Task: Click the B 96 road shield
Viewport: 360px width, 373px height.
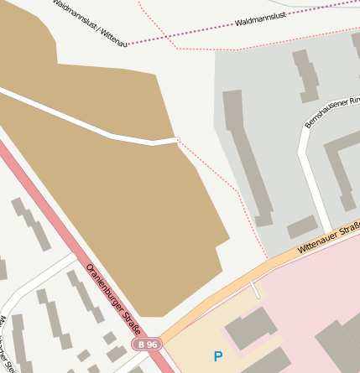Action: click(148, 345)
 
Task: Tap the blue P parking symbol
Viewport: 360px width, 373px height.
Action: click(218, 356)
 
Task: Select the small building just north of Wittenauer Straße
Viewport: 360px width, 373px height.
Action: click(303, 228)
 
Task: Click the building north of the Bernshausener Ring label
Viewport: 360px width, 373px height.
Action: click(305, 74)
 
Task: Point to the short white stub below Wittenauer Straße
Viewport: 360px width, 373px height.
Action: click(255, 290)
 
